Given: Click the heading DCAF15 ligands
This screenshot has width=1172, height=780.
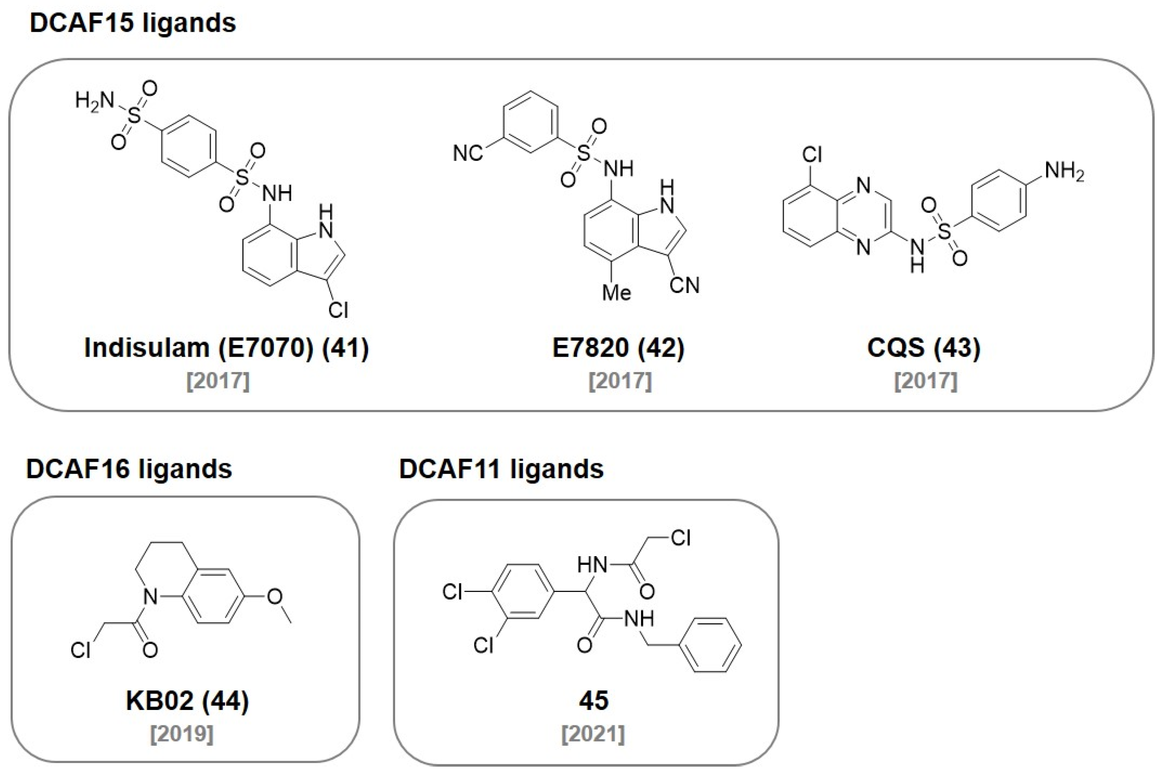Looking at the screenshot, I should (133, 23).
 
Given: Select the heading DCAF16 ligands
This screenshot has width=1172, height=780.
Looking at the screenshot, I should (129, 469).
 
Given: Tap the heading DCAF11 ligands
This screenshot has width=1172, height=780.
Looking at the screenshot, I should (501, 469).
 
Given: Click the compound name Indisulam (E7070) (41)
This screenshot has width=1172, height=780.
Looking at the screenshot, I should (226, 348).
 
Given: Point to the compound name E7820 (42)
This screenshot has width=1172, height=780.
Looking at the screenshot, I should (618, 348).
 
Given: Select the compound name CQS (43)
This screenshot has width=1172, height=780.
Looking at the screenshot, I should (924, 348).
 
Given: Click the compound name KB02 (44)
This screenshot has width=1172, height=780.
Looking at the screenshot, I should (187, 701).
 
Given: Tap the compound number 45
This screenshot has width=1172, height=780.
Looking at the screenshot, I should (593, 701).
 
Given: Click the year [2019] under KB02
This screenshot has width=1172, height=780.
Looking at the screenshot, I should (182, 734).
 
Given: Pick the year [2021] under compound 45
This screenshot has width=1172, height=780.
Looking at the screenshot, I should (593, 734).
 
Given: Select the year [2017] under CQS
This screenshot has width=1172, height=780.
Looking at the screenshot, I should (926, 381).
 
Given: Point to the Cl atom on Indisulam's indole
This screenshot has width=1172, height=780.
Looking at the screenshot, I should (338, 310).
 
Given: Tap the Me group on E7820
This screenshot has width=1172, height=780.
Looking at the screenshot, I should (616, 293).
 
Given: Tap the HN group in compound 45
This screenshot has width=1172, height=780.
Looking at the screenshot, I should (592, 564).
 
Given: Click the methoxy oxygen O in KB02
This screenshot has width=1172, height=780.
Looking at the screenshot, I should (275, 596).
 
